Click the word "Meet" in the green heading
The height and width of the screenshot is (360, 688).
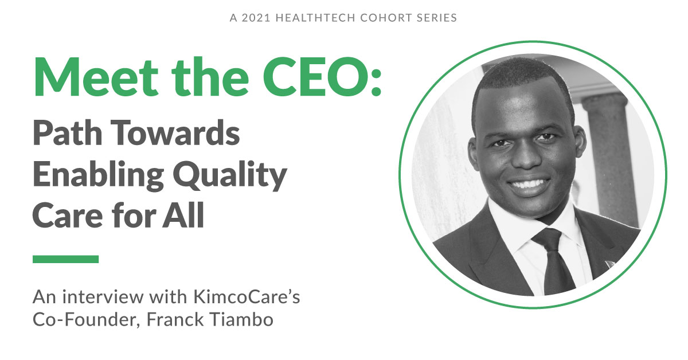coord(96,77)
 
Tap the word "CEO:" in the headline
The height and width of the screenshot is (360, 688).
coord(322,77)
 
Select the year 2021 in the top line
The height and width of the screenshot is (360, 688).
coord(256,18)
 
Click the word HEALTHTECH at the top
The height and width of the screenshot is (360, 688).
coord(315,18)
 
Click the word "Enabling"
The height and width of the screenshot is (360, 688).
coord(98,175)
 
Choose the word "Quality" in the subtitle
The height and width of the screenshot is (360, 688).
coord(230,175)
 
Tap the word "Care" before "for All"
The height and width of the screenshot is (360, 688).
coord(68,215)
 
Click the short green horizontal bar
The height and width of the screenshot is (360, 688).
coord(66,259)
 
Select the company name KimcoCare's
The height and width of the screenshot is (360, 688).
coord(247,297)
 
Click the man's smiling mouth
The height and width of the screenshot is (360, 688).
coord(529,185)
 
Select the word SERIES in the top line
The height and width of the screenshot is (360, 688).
coord(437,18)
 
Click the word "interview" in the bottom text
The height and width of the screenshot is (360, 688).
coord(103,297)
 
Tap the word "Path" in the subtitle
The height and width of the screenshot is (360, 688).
coord(68,132)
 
